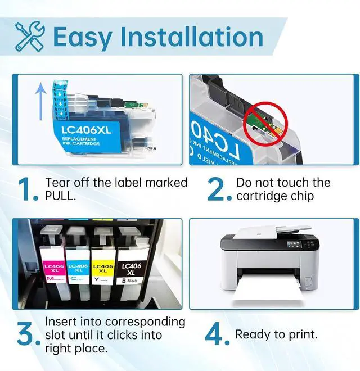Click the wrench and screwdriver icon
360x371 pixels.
(x=30, y=37)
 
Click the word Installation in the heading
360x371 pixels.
(x=191, y=37)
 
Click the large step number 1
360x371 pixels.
(x=29, y=190)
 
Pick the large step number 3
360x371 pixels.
(x=29, y=335)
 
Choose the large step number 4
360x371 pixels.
(x=216, y=335)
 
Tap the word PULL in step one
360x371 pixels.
(x=61, y=196)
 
